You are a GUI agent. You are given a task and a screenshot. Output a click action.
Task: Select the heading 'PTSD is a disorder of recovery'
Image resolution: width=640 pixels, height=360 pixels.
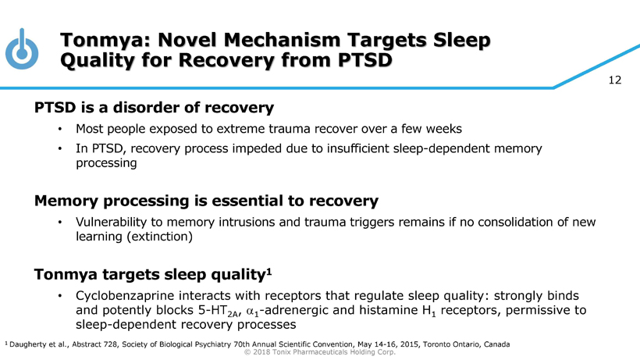point(153,108)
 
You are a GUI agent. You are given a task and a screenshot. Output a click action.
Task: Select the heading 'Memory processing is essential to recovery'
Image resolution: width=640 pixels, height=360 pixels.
point(206,201)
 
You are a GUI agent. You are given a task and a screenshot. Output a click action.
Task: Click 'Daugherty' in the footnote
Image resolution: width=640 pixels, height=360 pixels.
point(30,344)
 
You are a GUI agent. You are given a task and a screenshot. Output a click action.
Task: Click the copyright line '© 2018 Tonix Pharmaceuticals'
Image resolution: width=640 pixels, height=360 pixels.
point(320,352)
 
